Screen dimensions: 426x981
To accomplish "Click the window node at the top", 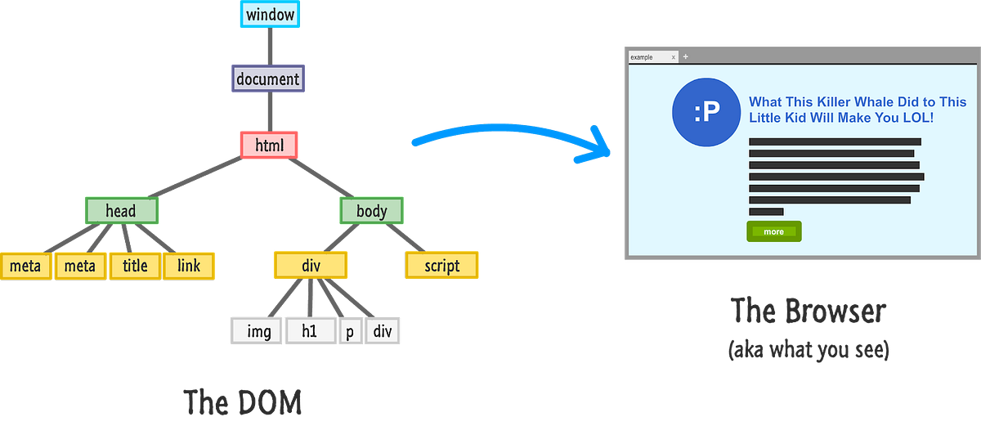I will (x=269, y=15).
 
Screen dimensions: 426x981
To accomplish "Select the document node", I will (x=268, y=79).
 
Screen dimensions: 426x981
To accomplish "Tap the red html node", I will (x=269, y=145).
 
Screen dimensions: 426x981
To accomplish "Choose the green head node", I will (x=121, y=211).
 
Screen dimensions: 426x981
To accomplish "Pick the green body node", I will (x=371, y=211).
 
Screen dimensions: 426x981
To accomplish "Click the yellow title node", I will (x=135, y=266).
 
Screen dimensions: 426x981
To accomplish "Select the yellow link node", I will (x=189, y=266).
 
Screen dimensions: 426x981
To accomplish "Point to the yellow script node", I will (x=441, y=266).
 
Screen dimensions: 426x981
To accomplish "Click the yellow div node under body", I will (x=311, y=266).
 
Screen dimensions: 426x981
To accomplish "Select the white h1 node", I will (x=310, y=331).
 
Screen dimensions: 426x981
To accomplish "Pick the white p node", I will (x=350, y=331).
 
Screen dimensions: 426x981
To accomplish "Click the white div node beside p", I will (x=383, y=331).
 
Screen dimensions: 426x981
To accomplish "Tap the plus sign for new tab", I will (x=685, y=56).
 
